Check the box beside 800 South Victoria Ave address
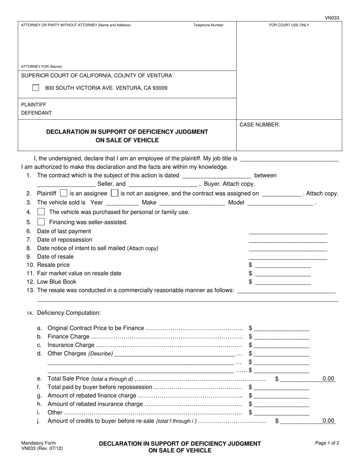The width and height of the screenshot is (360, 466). pos(36,88)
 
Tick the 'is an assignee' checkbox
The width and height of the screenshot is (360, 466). pos(64,193)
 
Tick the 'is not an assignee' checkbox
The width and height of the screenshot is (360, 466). pos(114,193)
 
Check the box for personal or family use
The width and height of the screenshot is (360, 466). pos(41,212)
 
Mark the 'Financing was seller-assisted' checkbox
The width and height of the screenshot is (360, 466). pos(41,222)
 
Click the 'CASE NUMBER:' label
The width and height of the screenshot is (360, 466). pos(260,125)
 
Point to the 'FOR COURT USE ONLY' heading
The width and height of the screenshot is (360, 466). pos(289,25)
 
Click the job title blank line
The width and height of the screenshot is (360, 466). pos(290,159)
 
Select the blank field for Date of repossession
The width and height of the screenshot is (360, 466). pos(288,240)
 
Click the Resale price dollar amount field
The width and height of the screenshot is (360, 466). pos(283,265)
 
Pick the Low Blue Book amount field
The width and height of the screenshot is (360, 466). pos(283,282)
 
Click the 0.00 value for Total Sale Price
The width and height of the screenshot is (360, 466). pos(328,378)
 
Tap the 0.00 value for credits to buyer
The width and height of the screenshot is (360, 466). pos(328,421)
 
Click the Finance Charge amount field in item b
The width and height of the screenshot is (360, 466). pos(281,337)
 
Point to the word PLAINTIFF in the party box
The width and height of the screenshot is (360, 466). pos(34,105)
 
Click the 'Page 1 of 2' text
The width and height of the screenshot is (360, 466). pos(327,443)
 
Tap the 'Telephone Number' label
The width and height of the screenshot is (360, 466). pos(208,25)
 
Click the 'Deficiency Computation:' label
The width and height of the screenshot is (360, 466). pos(69,313)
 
